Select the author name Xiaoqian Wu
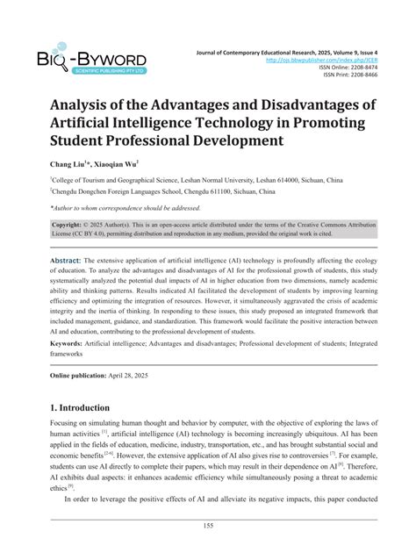(x=118, y=163)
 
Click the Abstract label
(x=66, y=262)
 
